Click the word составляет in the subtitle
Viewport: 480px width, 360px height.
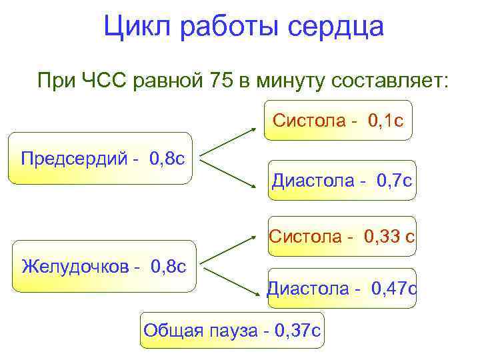[x=389, y=81]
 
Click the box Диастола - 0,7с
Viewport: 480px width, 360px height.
[x=342, y=180]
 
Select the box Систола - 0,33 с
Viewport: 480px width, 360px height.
[x=342, y=236]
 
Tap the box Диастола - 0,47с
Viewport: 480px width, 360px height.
[x=342, y=288]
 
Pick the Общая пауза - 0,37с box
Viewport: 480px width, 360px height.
[x=232, y=330]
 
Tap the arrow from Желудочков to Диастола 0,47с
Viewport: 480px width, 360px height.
[x=230, y=281]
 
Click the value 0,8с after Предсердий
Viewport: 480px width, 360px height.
[x=167, y=159]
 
